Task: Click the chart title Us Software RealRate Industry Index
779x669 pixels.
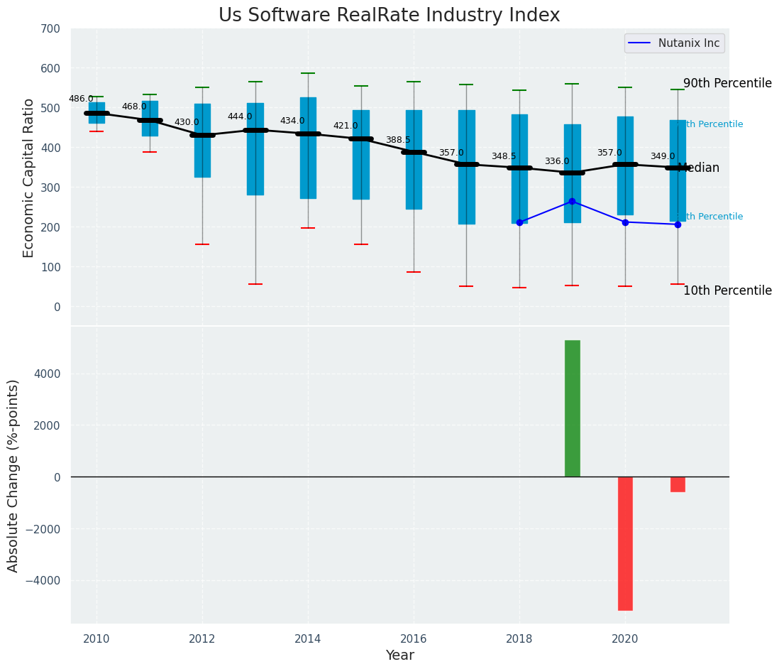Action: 389,16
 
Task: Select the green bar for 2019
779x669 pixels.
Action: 572,408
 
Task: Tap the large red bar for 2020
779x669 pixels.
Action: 625,543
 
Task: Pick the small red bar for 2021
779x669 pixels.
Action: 678,484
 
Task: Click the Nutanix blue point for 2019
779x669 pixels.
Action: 572,202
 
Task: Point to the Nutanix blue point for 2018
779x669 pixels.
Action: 519,222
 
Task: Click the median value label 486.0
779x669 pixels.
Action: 81,99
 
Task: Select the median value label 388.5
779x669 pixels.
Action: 398,140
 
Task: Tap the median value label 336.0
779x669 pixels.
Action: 557,161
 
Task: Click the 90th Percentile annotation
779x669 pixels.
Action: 727,83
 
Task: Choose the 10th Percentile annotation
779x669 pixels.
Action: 727,290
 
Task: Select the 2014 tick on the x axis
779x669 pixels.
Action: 308,638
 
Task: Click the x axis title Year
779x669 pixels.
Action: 400,656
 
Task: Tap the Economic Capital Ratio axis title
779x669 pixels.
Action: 29,178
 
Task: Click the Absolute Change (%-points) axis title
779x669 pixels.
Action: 13,475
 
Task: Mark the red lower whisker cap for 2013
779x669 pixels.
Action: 255,284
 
